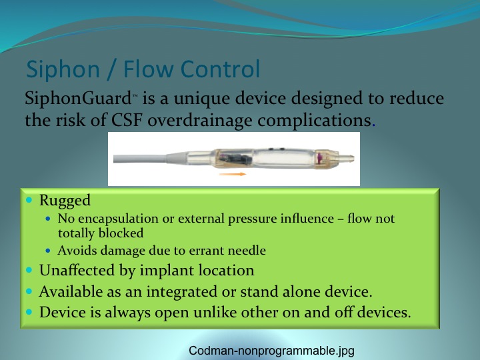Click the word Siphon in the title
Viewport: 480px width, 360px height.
click(63, 70)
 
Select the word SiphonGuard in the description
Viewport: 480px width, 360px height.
click(78, 99)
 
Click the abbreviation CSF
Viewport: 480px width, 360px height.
click(127, 120)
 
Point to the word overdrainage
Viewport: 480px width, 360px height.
click(199, 121)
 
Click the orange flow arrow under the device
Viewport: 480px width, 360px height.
click(233, 174)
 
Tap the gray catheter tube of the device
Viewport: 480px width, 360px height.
click(140, 159)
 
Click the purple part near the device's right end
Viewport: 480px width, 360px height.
click(319, 158)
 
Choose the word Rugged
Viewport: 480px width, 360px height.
click(65, 201)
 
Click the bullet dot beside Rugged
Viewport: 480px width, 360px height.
click(29, 200)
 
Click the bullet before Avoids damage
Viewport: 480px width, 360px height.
click(48, 251)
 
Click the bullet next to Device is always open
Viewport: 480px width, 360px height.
click(29, 312)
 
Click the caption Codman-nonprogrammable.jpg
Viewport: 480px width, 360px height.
click(271, 351)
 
